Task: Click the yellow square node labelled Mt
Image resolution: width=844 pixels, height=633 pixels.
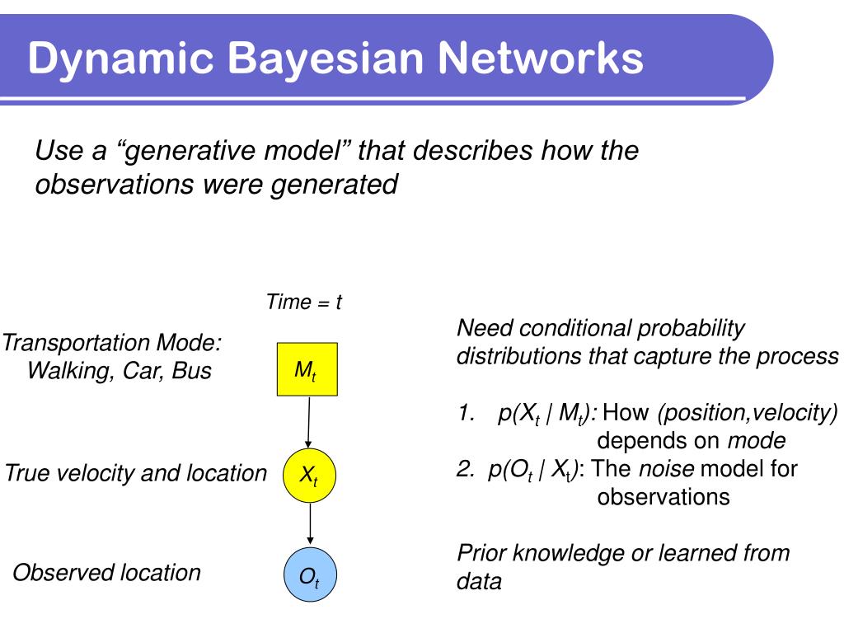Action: pos(306,371)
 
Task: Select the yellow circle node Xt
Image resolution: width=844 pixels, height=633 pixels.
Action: pos(309,475)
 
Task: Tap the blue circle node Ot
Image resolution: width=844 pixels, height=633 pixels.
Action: pos(309,577)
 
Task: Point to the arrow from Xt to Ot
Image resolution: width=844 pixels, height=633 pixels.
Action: pos(309,524)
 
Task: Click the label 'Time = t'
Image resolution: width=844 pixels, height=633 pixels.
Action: pos(303,302)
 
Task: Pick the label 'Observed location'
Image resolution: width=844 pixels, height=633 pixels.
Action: pos(106,572)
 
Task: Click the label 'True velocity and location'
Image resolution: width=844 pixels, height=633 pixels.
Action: pos(136,473)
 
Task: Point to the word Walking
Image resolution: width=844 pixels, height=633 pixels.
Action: pos(71,370)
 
